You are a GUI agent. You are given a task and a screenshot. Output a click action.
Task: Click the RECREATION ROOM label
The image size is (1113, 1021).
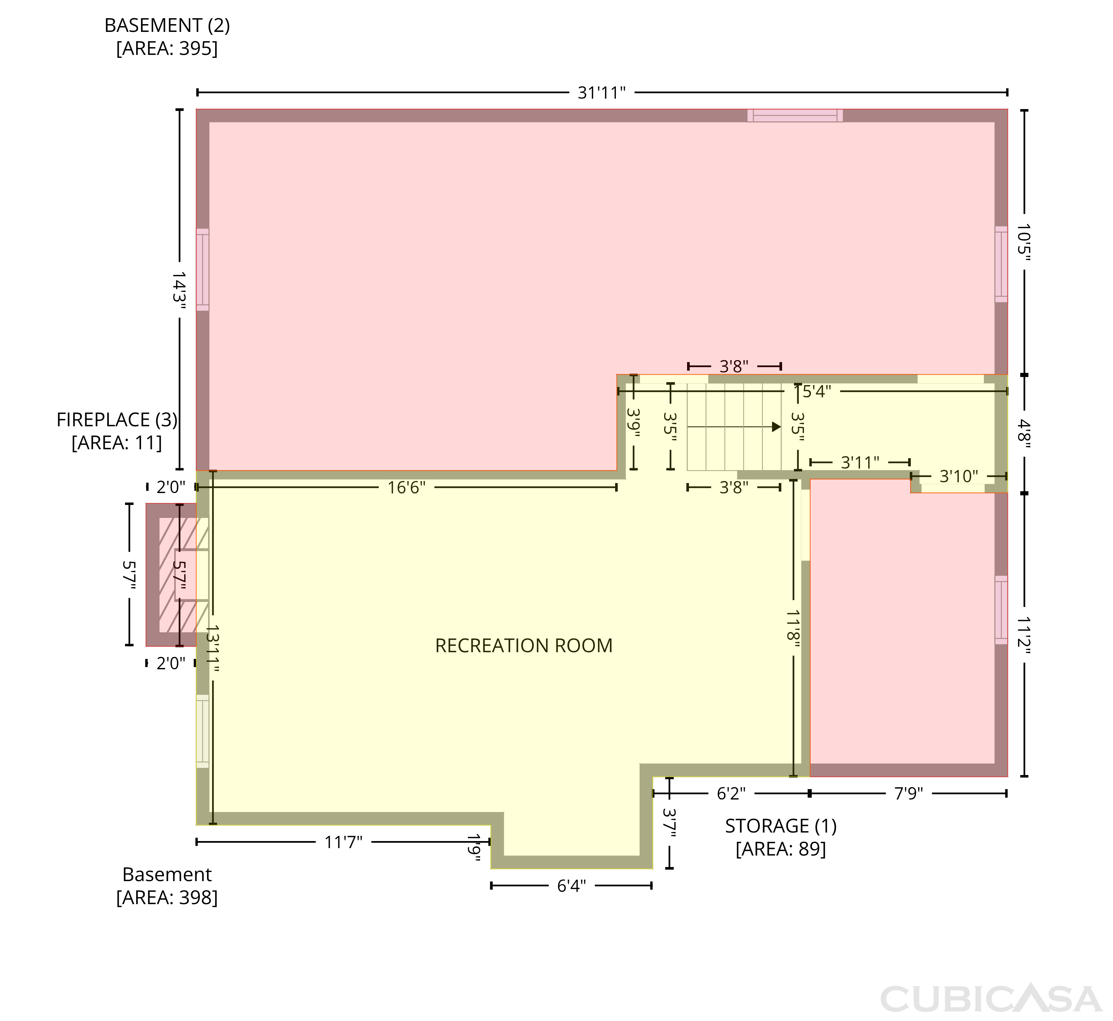(523, 645)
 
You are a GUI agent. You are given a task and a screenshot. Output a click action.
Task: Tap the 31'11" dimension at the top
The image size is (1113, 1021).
(601, 93)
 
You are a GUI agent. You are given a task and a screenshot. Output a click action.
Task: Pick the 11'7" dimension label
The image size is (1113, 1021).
(344, 842)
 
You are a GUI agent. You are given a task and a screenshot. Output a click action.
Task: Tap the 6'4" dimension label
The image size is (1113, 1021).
(571, 886)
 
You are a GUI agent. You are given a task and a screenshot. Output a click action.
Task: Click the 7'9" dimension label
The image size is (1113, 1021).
(909, 793)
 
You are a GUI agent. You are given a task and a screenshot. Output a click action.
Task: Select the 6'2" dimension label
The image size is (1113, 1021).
(731, 793)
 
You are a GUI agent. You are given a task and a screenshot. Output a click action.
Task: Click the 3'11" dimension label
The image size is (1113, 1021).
(860, 462)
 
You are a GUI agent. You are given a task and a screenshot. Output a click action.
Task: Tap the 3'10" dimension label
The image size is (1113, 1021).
(959, 476)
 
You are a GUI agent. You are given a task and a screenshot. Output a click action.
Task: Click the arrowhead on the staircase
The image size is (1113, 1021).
(777, 427)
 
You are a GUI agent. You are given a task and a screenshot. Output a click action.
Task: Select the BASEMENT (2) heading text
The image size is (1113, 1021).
(167, 26)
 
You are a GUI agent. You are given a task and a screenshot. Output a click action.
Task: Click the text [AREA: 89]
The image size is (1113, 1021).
(781, 848)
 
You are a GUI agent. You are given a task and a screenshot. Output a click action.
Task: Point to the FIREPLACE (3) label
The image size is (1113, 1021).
(117, 420)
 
